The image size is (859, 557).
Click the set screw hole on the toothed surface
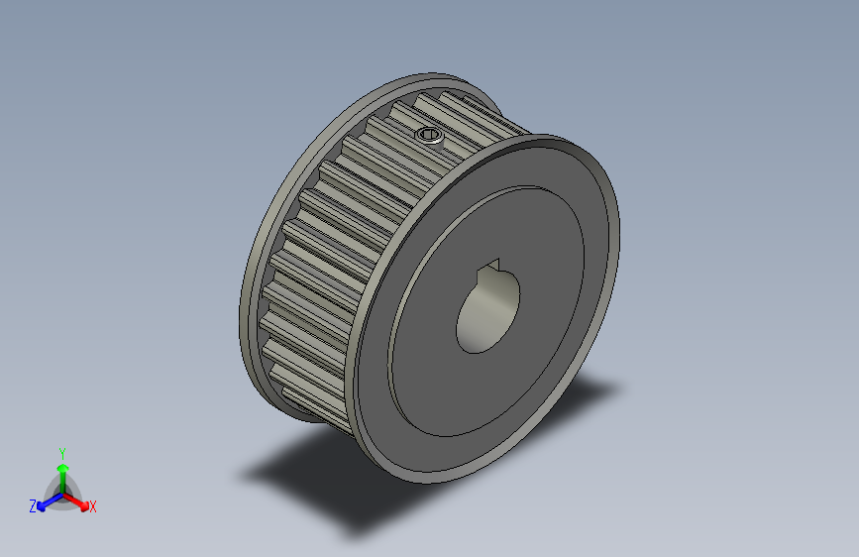[x=430, y=135]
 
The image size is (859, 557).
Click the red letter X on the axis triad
[x=93, y=506]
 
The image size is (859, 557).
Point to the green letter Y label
[x=61, y=451]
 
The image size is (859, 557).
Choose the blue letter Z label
[x=33, y=505]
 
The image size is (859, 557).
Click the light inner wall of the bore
[x=474, y=327]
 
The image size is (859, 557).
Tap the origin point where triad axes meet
[x=62, y=493]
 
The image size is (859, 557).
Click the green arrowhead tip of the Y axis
[x=62, y=463]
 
